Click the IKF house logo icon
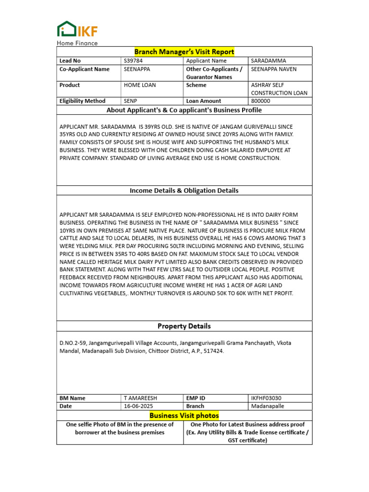point(66,29)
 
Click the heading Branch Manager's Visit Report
point(184,52)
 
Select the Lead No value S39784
point(134,61)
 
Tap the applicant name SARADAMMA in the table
point(269,61)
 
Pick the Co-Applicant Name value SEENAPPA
point(137,69)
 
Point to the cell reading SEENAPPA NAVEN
point(274,69)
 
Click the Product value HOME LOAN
point(140,85)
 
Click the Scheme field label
point(196,85)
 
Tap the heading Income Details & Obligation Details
point(184,191)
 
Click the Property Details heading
point(184,326)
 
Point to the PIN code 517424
point(213,351)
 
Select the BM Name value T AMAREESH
point(140,398)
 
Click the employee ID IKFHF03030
point(266,398)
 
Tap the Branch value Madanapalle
point(268,406)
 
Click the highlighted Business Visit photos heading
point(184,416)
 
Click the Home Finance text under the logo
point(77,43)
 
